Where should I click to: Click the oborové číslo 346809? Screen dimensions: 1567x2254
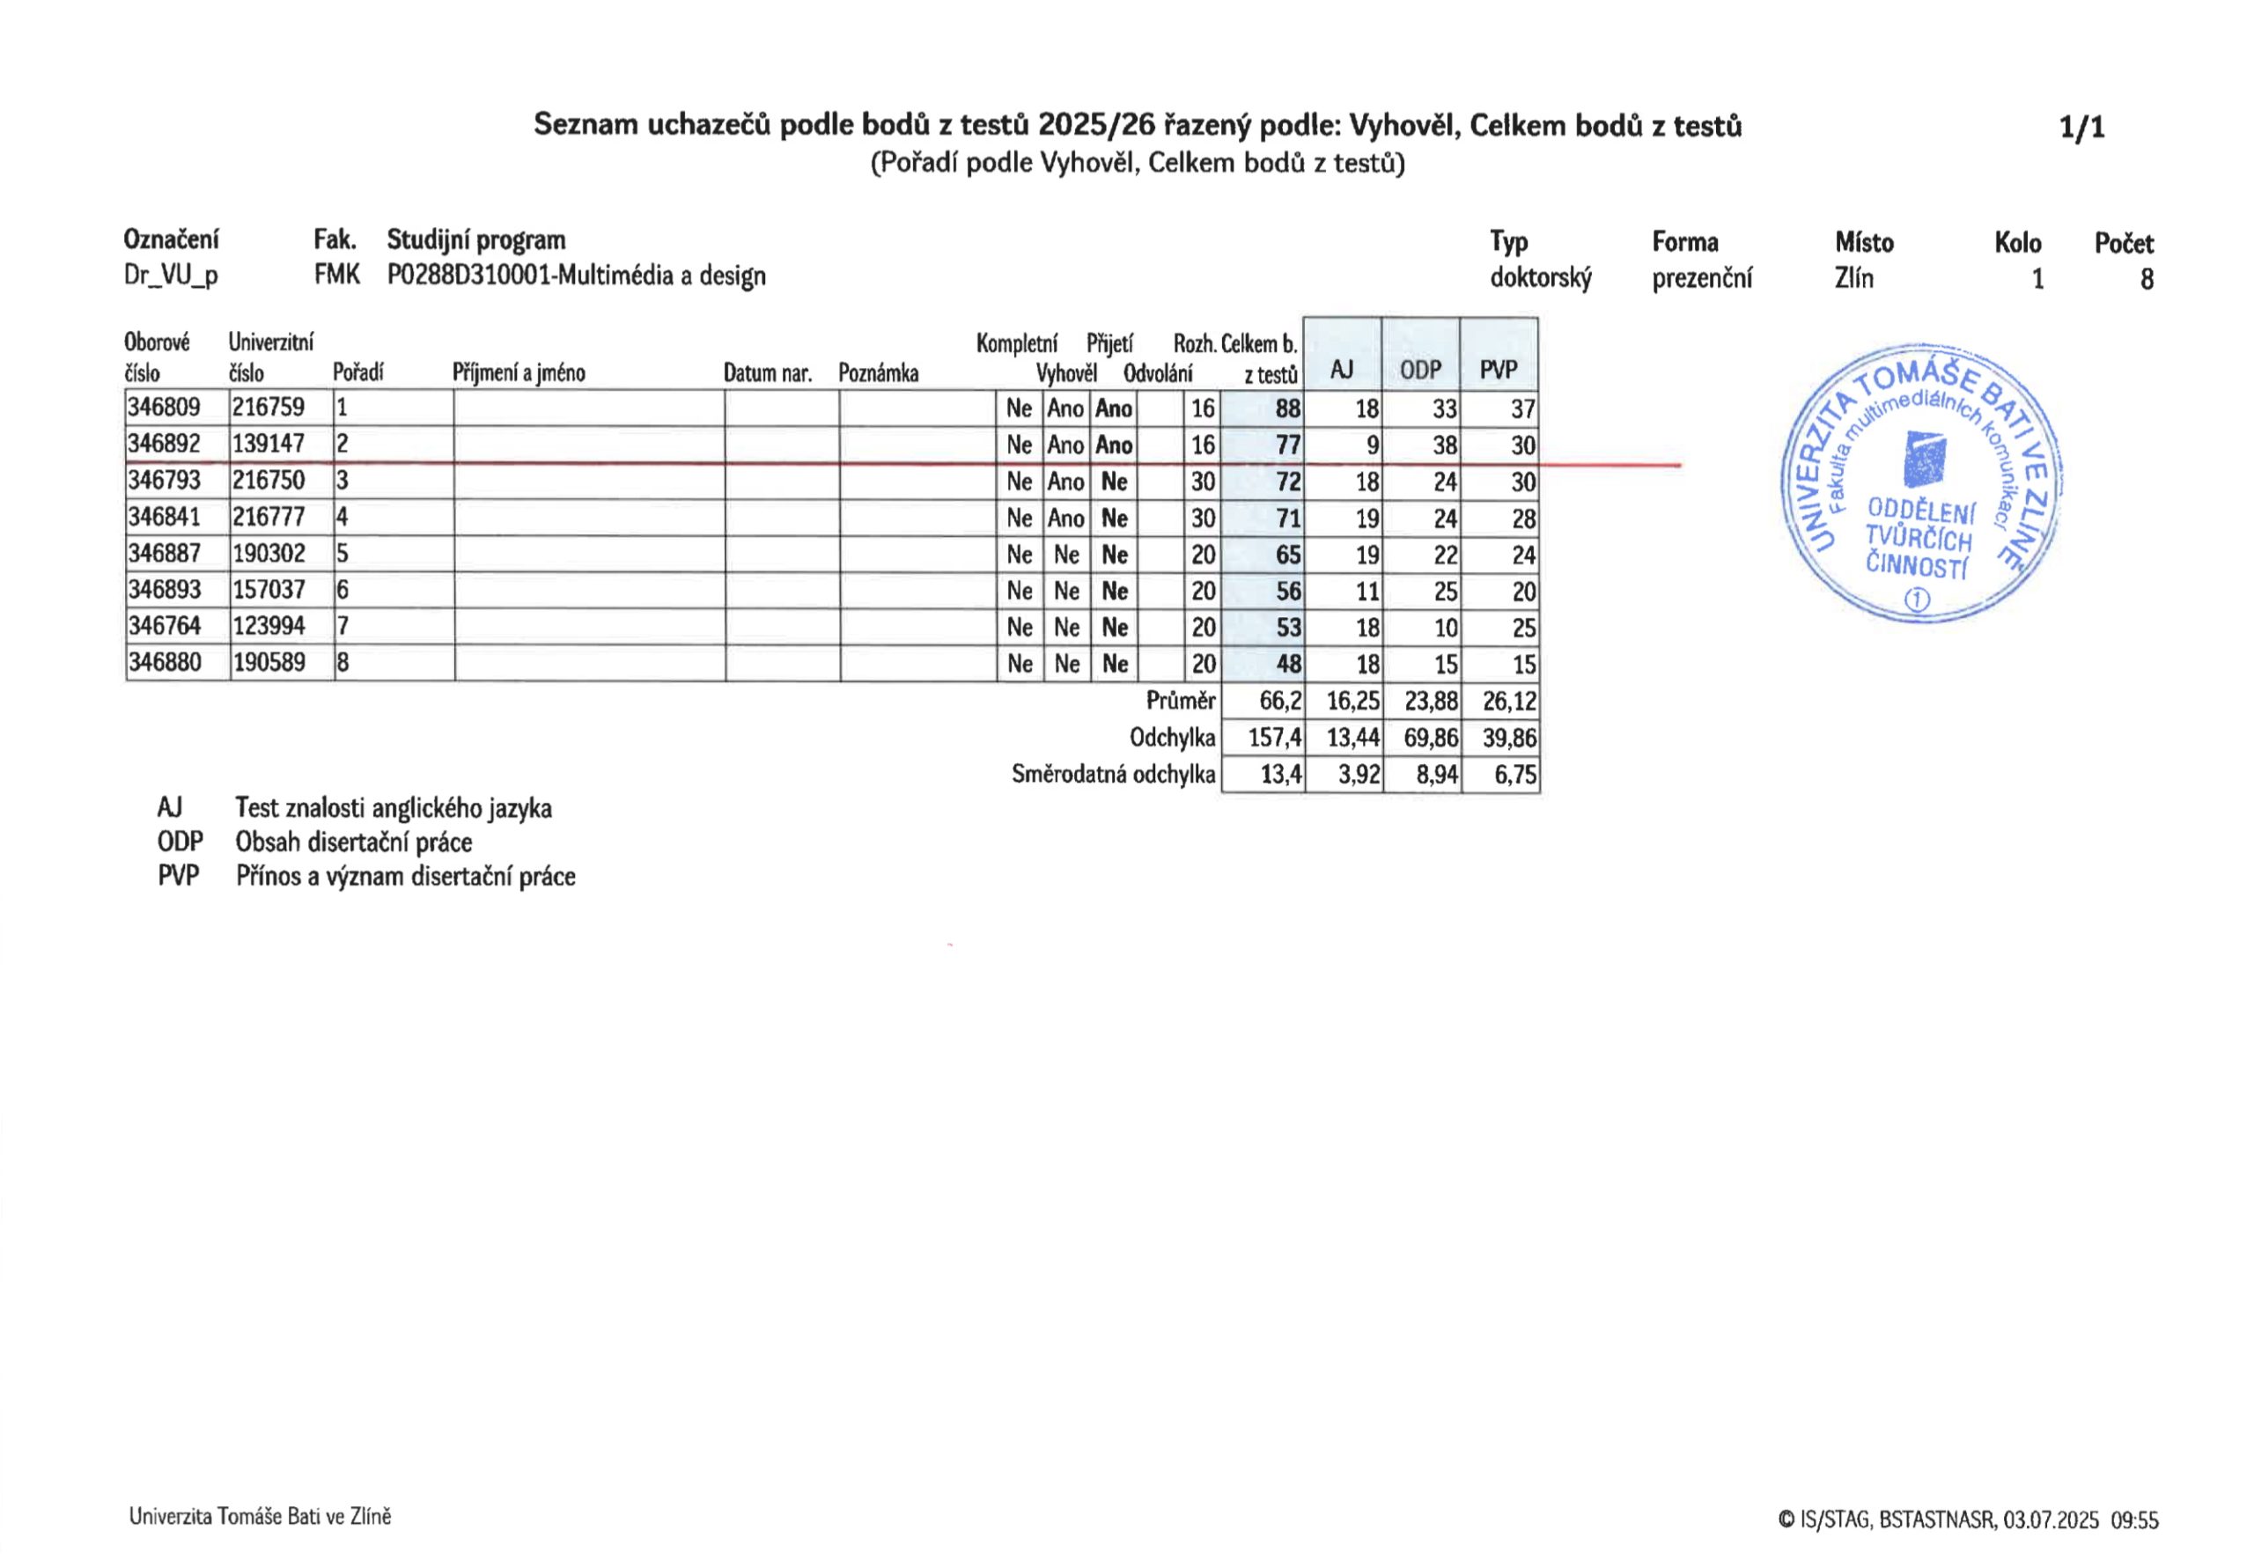(164, 408)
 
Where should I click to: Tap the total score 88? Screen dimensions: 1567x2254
(1287, 408)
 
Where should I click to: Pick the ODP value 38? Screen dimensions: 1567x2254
(1444, 445)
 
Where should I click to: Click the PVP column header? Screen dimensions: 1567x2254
(1498, 370)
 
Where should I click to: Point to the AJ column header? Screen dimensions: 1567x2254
(1341, 370)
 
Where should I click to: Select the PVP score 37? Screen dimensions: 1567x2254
(1521, 408)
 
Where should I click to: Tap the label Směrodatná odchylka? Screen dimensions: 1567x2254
(1113, 775)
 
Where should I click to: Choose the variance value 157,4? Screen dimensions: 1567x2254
(1275, 738)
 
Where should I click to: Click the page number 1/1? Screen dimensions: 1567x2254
(2081, 128)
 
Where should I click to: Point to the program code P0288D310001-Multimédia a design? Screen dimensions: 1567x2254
(576, 276)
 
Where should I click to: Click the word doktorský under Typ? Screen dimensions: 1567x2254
(1539, 279)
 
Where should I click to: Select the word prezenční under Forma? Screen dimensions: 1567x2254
(1701, 279)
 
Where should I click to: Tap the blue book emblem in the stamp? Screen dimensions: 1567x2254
(1923, 460)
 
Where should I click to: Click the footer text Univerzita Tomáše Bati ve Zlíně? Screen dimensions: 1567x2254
(260, 1517)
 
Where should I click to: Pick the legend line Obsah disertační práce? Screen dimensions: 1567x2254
(353, 842)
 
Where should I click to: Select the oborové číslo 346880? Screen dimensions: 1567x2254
(164, 663)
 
